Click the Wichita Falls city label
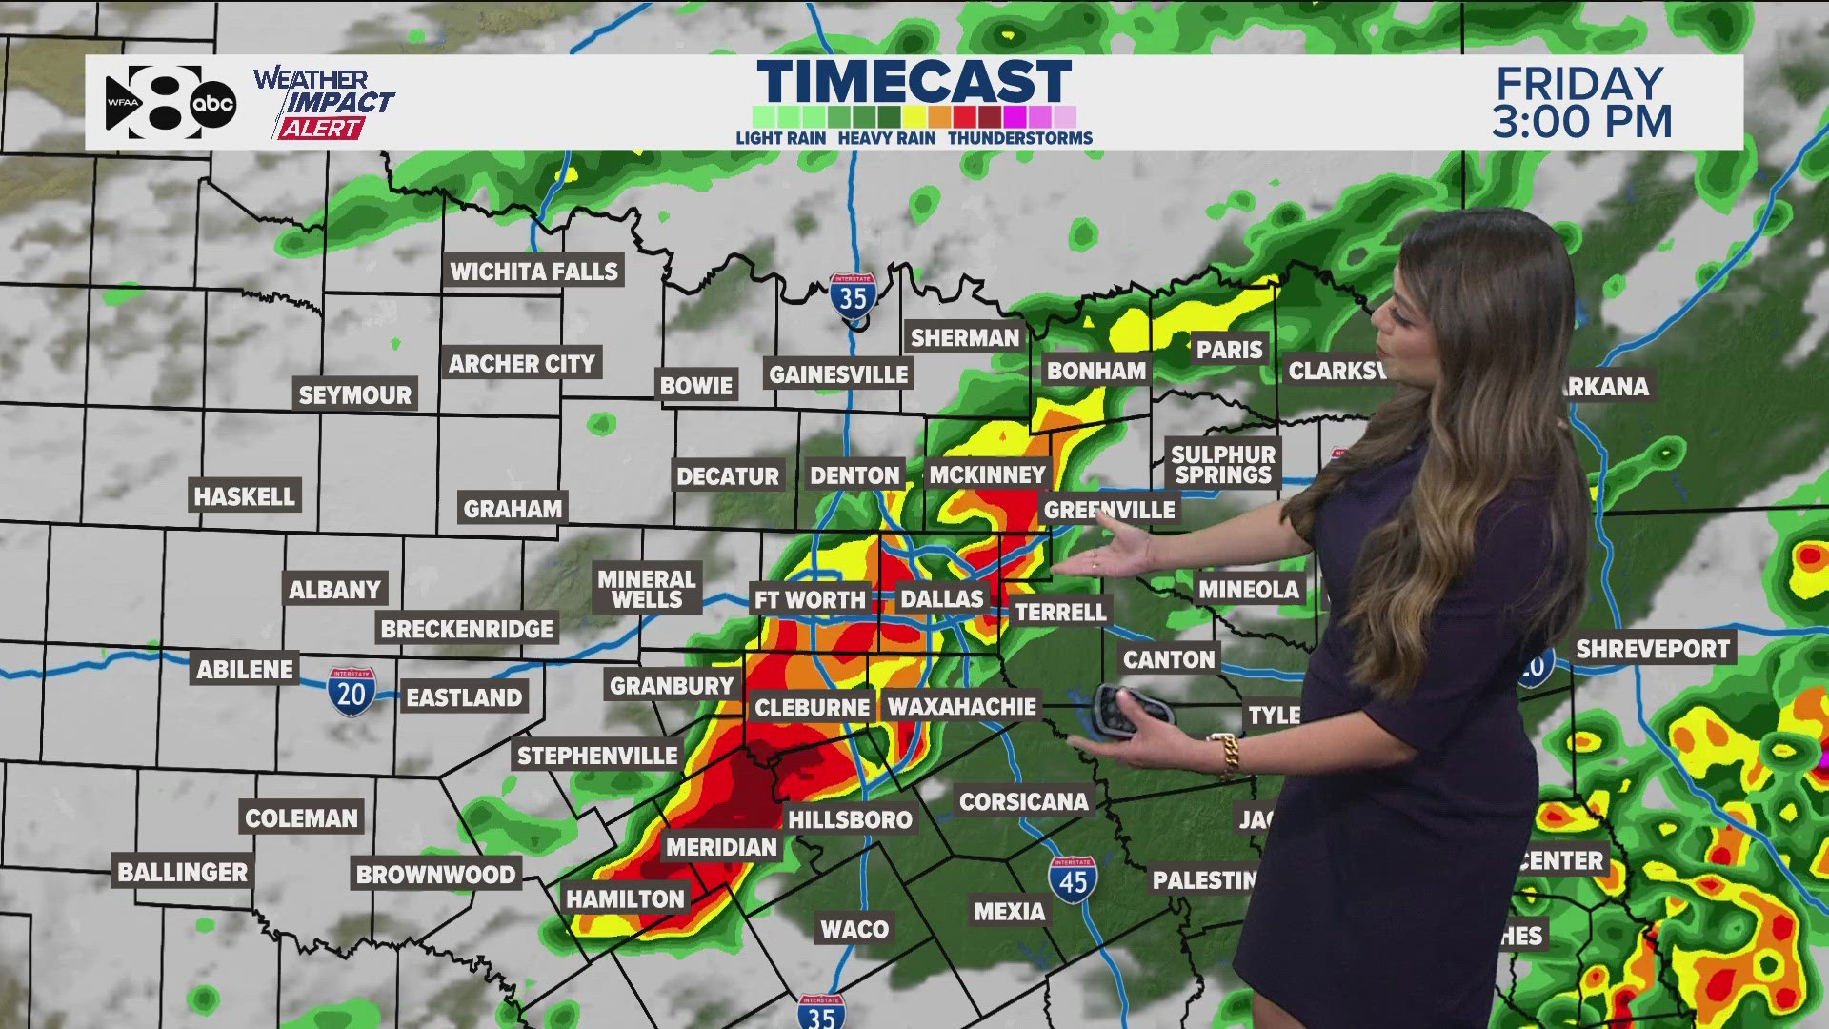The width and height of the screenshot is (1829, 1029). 533,272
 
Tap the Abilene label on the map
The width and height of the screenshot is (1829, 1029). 245,669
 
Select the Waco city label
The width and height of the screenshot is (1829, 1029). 854,929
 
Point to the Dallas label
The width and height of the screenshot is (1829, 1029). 941,599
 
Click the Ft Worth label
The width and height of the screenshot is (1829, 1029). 810,599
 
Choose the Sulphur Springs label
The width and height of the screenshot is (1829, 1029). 1223,465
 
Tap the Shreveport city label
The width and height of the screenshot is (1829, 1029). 1652,650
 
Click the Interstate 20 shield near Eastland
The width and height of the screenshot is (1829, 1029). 352,692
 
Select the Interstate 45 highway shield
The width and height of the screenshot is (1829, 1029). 1073,880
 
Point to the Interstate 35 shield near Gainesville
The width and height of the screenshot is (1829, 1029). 853,296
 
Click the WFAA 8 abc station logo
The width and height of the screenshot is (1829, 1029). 170,103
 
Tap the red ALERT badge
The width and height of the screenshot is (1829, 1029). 320,129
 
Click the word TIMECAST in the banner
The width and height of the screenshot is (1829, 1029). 914,81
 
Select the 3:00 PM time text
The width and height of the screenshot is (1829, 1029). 1581,122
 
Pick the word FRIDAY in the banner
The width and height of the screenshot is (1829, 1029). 1579,84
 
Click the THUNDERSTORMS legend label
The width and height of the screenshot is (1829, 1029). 1019,138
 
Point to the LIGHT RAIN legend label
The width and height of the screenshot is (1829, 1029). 780,138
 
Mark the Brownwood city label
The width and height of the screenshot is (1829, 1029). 435,875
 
